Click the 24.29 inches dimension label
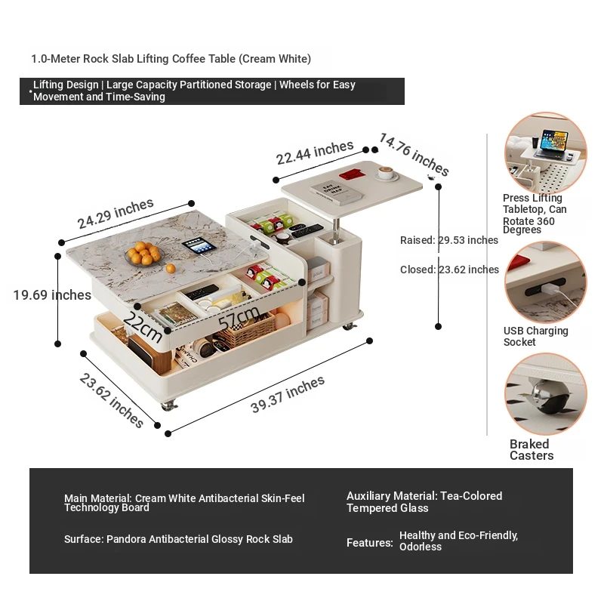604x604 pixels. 116,214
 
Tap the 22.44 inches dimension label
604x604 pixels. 315,153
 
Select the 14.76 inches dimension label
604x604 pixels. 414,154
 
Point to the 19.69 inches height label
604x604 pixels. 52,295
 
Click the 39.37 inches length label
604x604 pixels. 288,394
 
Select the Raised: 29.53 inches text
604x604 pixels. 449,240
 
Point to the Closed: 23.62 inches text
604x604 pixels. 449,270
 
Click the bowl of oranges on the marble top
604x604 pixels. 143,254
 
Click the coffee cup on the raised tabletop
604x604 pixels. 388,174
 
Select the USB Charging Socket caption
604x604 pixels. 536,337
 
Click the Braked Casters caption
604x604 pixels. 532,450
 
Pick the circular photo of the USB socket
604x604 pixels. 545,282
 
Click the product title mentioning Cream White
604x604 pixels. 171,59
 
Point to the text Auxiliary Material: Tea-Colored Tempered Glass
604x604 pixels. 424,502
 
